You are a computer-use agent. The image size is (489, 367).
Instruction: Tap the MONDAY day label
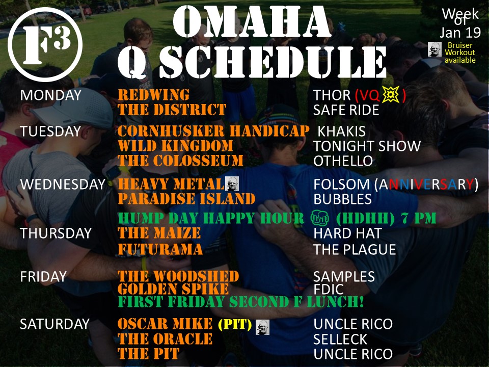pos(50,95)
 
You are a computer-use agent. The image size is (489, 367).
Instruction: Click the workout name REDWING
pos(153,95)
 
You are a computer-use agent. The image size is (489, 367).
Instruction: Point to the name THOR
pos(332,95)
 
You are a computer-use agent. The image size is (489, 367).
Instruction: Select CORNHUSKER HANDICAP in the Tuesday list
pos(213,131)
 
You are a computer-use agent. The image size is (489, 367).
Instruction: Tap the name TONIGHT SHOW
pos(367,146)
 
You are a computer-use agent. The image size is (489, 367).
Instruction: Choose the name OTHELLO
pos(343,161)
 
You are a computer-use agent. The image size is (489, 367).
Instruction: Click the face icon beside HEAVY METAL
pos(232,183)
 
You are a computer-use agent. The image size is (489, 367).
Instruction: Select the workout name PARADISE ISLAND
pos(186,199)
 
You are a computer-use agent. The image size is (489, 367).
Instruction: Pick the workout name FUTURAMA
pos(160,249)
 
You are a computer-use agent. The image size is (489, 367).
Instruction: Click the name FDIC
pos(329,290)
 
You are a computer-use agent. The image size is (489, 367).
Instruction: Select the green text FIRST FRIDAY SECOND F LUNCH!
pos(240,302)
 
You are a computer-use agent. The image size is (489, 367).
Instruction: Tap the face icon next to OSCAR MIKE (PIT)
pos(262,327)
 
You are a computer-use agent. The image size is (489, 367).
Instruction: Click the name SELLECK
pos(341,339)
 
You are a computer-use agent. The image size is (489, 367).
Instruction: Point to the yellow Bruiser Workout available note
pos(460,53)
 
